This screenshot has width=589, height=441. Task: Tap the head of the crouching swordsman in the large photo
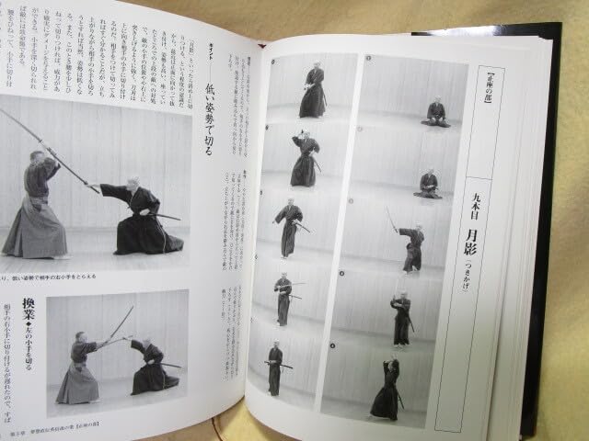[134, 184]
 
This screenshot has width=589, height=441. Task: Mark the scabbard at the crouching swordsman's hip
[166, 216]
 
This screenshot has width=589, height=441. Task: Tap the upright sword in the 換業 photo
[122, 322]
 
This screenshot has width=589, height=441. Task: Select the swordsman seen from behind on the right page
[386, 390]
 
